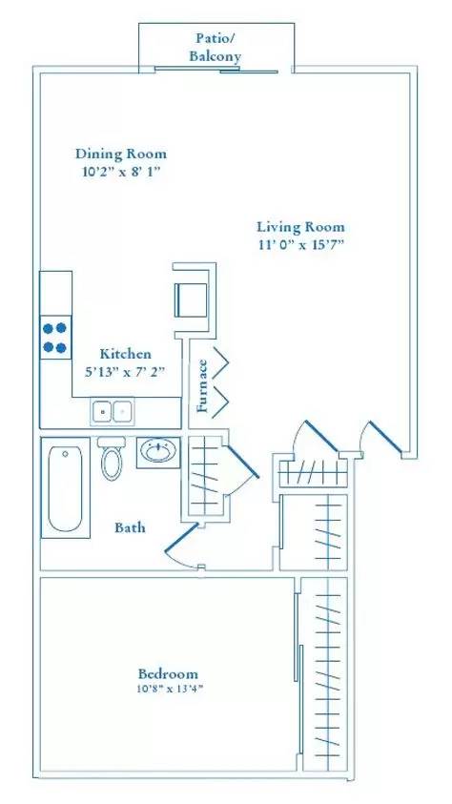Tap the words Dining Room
tap(121, 154)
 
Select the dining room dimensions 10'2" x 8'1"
tap(121, 174)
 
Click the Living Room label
tap(300, 227)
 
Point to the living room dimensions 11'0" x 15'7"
tap(300, 245)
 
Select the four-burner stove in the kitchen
tap(55, 337)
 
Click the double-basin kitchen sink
tap(113, 411)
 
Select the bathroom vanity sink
tap(156, 451)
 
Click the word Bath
tap(130, 527)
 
